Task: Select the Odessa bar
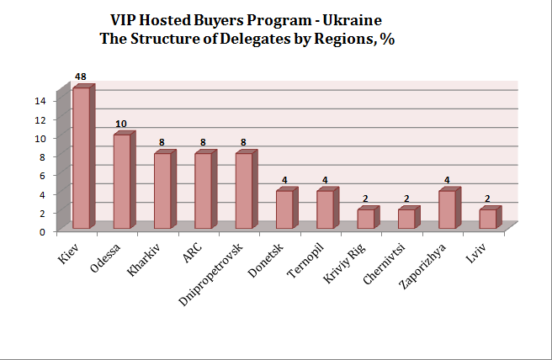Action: pyautogui.click(x=122, y=181)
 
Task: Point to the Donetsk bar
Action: pyautogui.click(x=284, y=209)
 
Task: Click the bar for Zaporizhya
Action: pyautogui.click(x=447, y=209)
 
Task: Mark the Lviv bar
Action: pyautogui.click(x=488, y=219)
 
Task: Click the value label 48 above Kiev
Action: pyautogui.click(x=81, y=77)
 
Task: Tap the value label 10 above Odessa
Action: pyautogui.click(x=122, y=124)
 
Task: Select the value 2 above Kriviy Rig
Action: pyautogui.click(x=365, y=199)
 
